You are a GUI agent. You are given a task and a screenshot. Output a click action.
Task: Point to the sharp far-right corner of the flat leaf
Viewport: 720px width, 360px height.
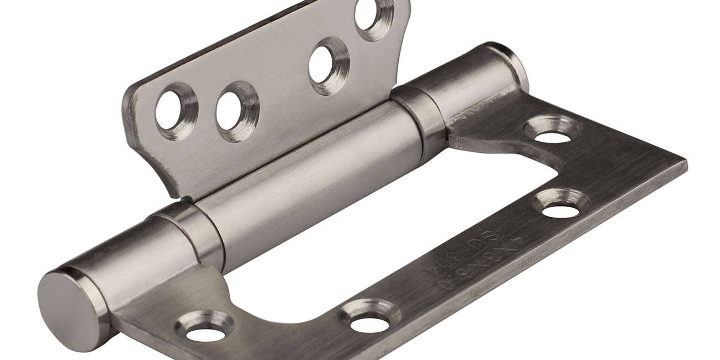tap(685, 162)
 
